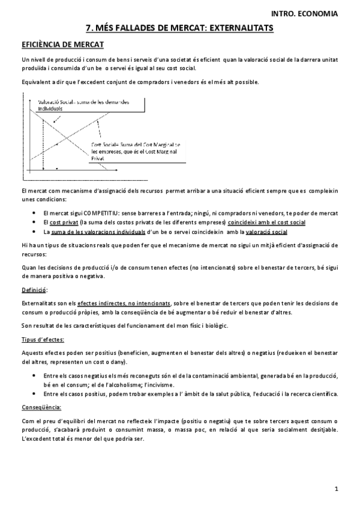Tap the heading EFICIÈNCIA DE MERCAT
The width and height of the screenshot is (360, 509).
tap(62, 44)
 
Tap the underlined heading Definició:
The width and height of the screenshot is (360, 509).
tap(35, 290)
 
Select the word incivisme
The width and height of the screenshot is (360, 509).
tap(160, 384)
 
